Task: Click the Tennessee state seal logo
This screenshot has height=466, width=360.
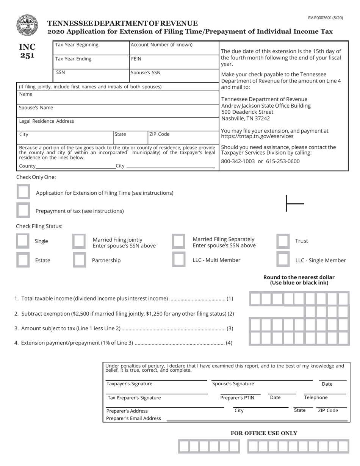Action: pyautogui.click(x=27, y=25)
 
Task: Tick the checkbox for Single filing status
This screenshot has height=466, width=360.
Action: pyautogui.click(x=23, y=241)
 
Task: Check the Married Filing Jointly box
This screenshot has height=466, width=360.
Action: pyautogui.click(x=79, y=241)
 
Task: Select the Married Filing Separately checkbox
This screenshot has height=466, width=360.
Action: pyautogui.click(x=178, y=241)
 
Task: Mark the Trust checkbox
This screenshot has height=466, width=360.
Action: pyautogui.click(x=283, y=241)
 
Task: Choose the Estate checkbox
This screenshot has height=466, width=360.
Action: pyautogui.click(x=23, y=260)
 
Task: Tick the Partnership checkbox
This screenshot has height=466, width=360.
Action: pyautogui.click(x=79, y=260)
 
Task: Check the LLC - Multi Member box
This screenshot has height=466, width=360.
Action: pyautogui.click(x=178, y=260)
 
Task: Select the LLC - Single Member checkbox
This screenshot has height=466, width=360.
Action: pyautogui.click(x=283, y=260)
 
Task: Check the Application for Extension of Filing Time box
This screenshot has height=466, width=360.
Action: pyautogui.click(x=23, y=192)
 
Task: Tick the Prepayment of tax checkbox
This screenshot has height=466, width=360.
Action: pyautogui.click(x=23, y=210)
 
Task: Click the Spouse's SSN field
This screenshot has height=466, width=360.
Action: pyautogui.click(x=174, y=76)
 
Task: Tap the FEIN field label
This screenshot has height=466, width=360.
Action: pyautogui.click(x=136, y=59)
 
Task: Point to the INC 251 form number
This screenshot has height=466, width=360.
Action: pyautogui.click(x=27, y=51)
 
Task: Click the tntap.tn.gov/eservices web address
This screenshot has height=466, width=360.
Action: pyautogui.click(x=257, y=136)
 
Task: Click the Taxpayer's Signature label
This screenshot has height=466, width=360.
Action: pyautogui.click(x=129, y=384)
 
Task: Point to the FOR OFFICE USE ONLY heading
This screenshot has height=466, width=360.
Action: pyautogui.click(x=264, y=433)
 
